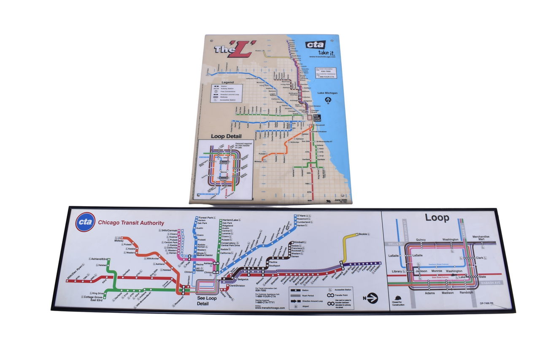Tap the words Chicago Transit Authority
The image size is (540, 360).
pos(131,223)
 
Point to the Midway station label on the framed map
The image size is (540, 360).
pos(119,240)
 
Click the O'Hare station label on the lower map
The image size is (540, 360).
pos(302,216)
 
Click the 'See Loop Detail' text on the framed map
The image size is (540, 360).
pos(207,301)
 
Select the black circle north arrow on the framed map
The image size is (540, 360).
pos(371,298)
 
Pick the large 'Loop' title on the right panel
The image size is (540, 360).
pos(437,218)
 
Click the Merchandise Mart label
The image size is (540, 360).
pos(481,238)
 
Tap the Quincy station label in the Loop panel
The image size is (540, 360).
pos(421,239)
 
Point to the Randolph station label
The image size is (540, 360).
pos(466,293)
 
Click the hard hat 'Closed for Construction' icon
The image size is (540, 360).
pos(397,298)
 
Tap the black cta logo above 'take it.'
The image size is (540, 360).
pos(316,45)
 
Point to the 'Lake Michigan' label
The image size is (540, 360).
pos(327,92)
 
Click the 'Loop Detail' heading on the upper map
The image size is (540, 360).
pos(227,136)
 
